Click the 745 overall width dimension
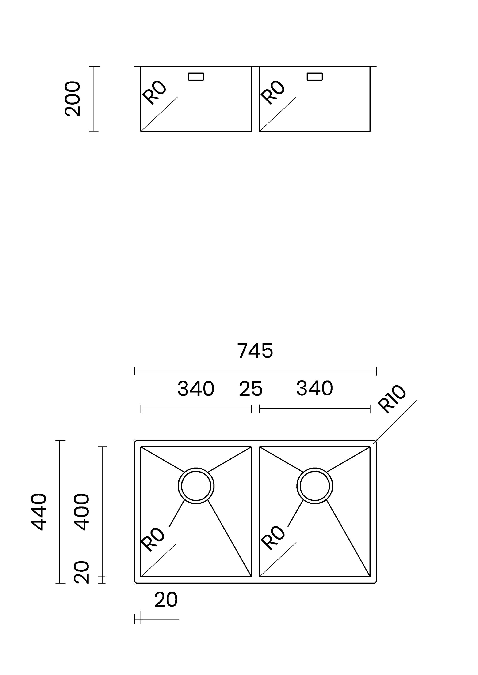pos(255,351)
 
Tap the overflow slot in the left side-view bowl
pos(196,77)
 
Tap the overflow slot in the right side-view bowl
pos(315,77)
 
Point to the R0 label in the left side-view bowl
pos(154,92)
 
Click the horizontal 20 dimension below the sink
pos(166,600)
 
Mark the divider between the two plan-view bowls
pos(255,512)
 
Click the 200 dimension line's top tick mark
pos(94,67)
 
